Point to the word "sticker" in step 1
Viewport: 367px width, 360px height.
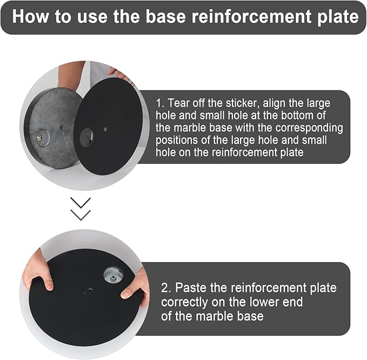click(243, 103)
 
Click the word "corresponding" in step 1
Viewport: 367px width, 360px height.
click(309, 128)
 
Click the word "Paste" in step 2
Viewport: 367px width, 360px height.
click(191, 288)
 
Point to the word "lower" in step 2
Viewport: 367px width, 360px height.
click(264, 302)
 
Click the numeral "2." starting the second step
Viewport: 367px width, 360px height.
click(166, 288)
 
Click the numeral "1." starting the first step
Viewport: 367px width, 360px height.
click(160, 103)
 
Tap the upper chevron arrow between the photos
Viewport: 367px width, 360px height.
click(81, 203)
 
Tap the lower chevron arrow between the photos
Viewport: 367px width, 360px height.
click(81, 215)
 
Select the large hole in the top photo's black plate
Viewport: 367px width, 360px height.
click(86, 137)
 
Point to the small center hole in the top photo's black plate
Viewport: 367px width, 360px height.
click(105, 129)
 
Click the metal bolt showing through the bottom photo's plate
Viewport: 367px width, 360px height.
click(114, 275)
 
